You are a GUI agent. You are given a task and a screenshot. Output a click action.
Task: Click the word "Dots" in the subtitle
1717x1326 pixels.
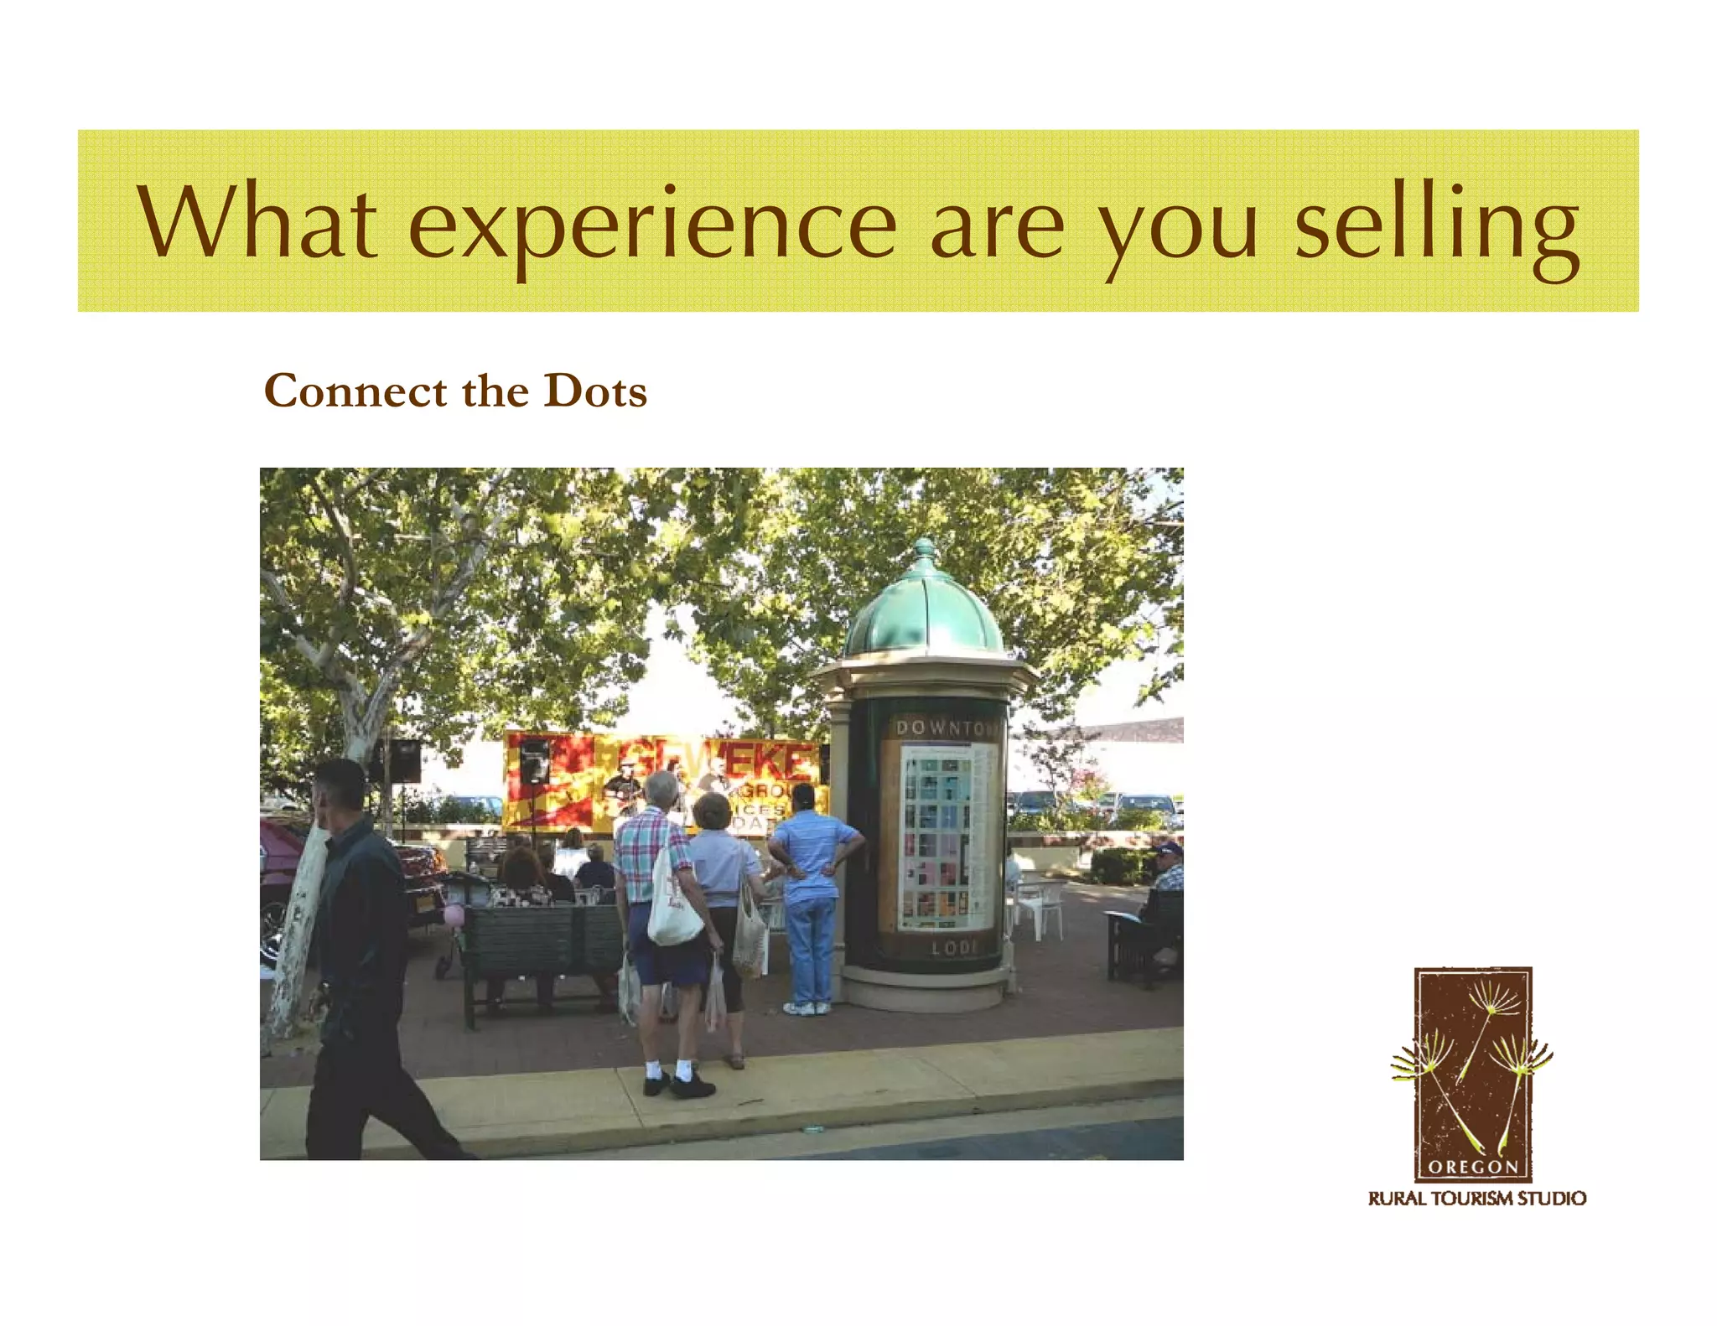[595, 391]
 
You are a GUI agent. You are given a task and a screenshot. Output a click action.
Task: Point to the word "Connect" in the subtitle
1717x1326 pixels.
[355, 391]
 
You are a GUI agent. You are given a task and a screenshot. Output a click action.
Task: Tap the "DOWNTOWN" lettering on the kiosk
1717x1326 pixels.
[946, 728]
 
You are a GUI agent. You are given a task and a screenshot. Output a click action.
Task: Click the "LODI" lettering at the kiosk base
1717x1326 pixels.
[954, 948]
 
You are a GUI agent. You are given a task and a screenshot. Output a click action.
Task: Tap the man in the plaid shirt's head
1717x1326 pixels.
[661, 789]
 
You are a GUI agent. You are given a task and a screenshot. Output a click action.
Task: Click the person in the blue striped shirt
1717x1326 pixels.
[812, 888]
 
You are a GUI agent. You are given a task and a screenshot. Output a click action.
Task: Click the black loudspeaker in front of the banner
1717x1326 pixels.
[534, 762]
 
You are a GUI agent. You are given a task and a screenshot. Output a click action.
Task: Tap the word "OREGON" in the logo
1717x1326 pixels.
[1473, 1167]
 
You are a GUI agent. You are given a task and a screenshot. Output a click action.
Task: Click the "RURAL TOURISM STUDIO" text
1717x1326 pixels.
[1476, 1199]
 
